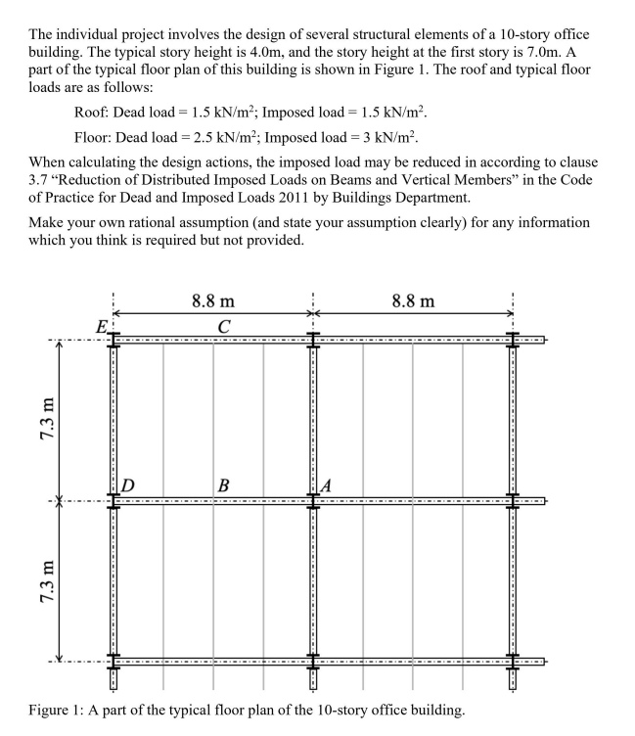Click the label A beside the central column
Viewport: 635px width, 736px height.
pyautogui.click(x=327, y=485)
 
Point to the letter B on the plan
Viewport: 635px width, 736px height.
pyautogui.click(x=224, y=485)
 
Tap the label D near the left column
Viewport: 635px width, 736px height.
pyautogui.click(x=127, y=485)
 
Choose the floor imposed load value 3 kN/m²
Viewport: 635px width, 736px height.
pyautogui.click(x=388, y=135)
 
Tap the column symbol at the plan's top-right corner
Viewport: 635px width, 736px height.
pyautogui.click(x=513, y=339)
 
